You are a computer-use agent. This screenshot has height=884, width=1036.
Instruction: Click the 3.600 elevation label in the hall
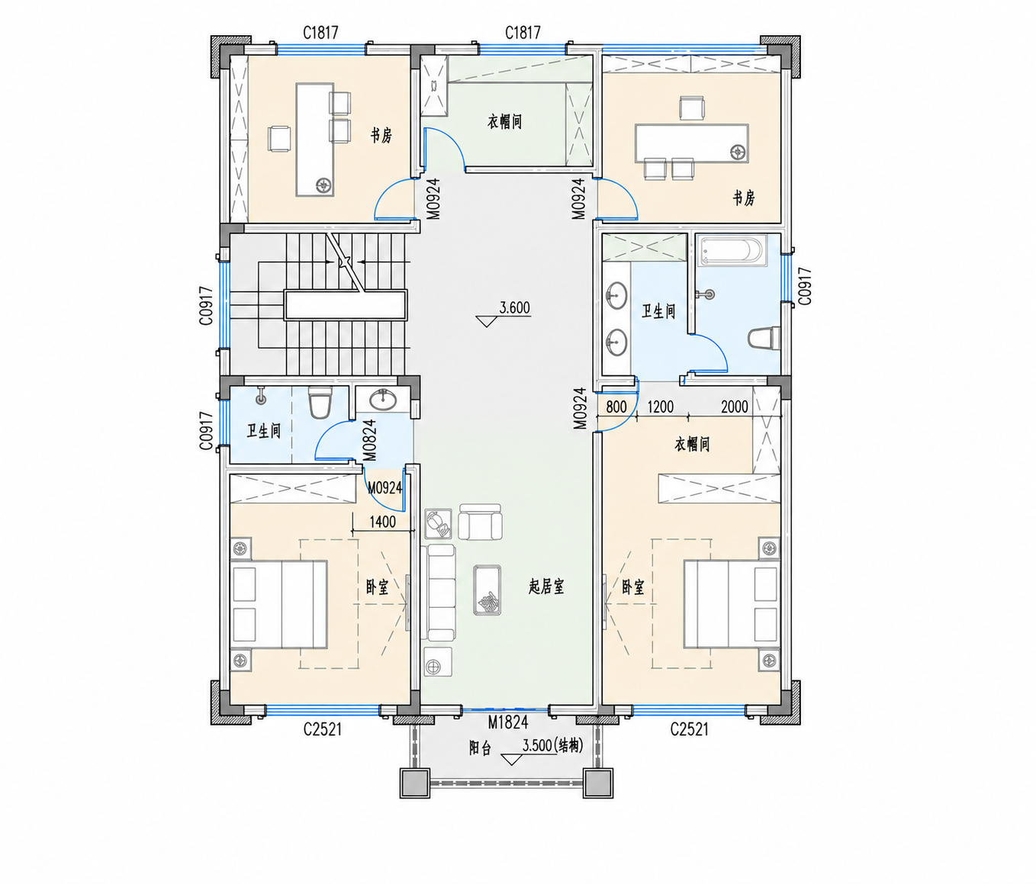[x=514, y=307]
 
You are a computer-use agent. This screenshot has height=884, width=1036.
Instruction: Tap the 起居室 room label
[x=546, y=586]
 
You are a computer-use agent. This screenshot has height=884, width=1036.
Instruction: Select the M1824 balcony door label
[x=508, y=722]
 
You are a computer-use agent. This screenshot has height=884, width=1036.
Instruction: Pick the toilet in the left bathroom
[x=320, y=403]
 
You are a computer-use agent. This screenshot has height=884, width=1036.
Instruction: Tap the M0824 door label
[x=369, y=441]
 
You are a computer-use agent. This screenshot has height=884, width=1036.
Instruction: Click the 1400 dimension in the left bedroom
[x=382, y=522]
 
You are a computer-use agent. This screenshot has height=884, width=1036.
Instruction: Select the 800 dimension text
[x=616, y=407]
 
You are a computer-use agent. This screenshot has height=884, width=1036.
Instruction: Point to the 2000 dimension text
[x=734, y=407]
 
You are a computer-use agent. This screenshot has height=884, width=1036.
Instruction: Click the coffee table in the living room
[x=487, y=590]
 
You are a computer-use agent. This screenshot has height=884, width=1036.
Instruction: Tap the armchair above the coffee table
[x=480, y=522]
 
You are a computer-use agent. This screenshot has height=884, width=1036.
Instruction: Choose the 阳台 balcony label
[x=480, y=748]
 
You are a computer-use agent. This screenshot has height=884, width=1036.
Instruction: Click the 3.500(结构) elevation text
[x=553, y=746]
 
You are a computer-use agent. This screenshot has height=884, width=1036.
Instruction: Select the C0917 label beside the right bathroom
[x=804, y=286]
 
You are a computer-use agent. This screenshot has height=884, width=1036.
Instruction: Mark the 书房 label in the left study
[x=381, y=135]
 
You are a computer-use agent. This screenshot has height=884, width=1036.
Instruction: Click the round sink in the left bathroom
[x=384, y=400]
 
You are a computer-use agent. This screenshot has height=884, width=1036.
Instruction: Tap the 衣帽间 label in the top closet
[x=505, y=122]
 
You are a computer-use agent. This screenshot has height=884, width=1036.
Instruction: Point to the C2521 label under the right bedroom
[x=690, y=729]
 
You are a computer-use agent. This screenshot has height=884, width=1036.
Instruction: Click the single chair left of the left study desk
[x=279, y=139]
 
